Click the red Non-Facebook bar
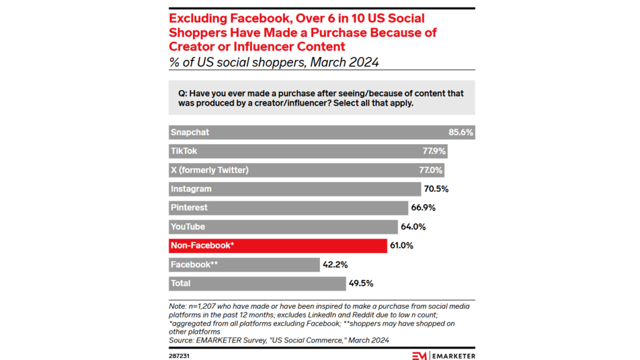coord(278,246)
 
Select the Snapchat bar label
coord(190,132)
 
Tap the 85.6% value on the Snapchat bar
coord(461,132)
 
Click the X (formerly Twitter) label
coord(209,170)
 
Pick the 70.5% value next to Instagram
coord(436,189)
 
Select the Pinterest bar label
coord(189,207)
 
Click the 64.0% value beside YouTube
coord(413,227)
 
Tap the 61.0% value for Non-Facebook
coord(401,246)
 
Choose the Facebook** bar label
coord(194,264)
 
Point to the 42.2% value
coord(334,264)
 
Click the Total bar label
coord(181,283)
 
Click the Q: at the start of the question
coord(182,93)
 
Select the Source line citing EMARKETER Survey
coord(279,340)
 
